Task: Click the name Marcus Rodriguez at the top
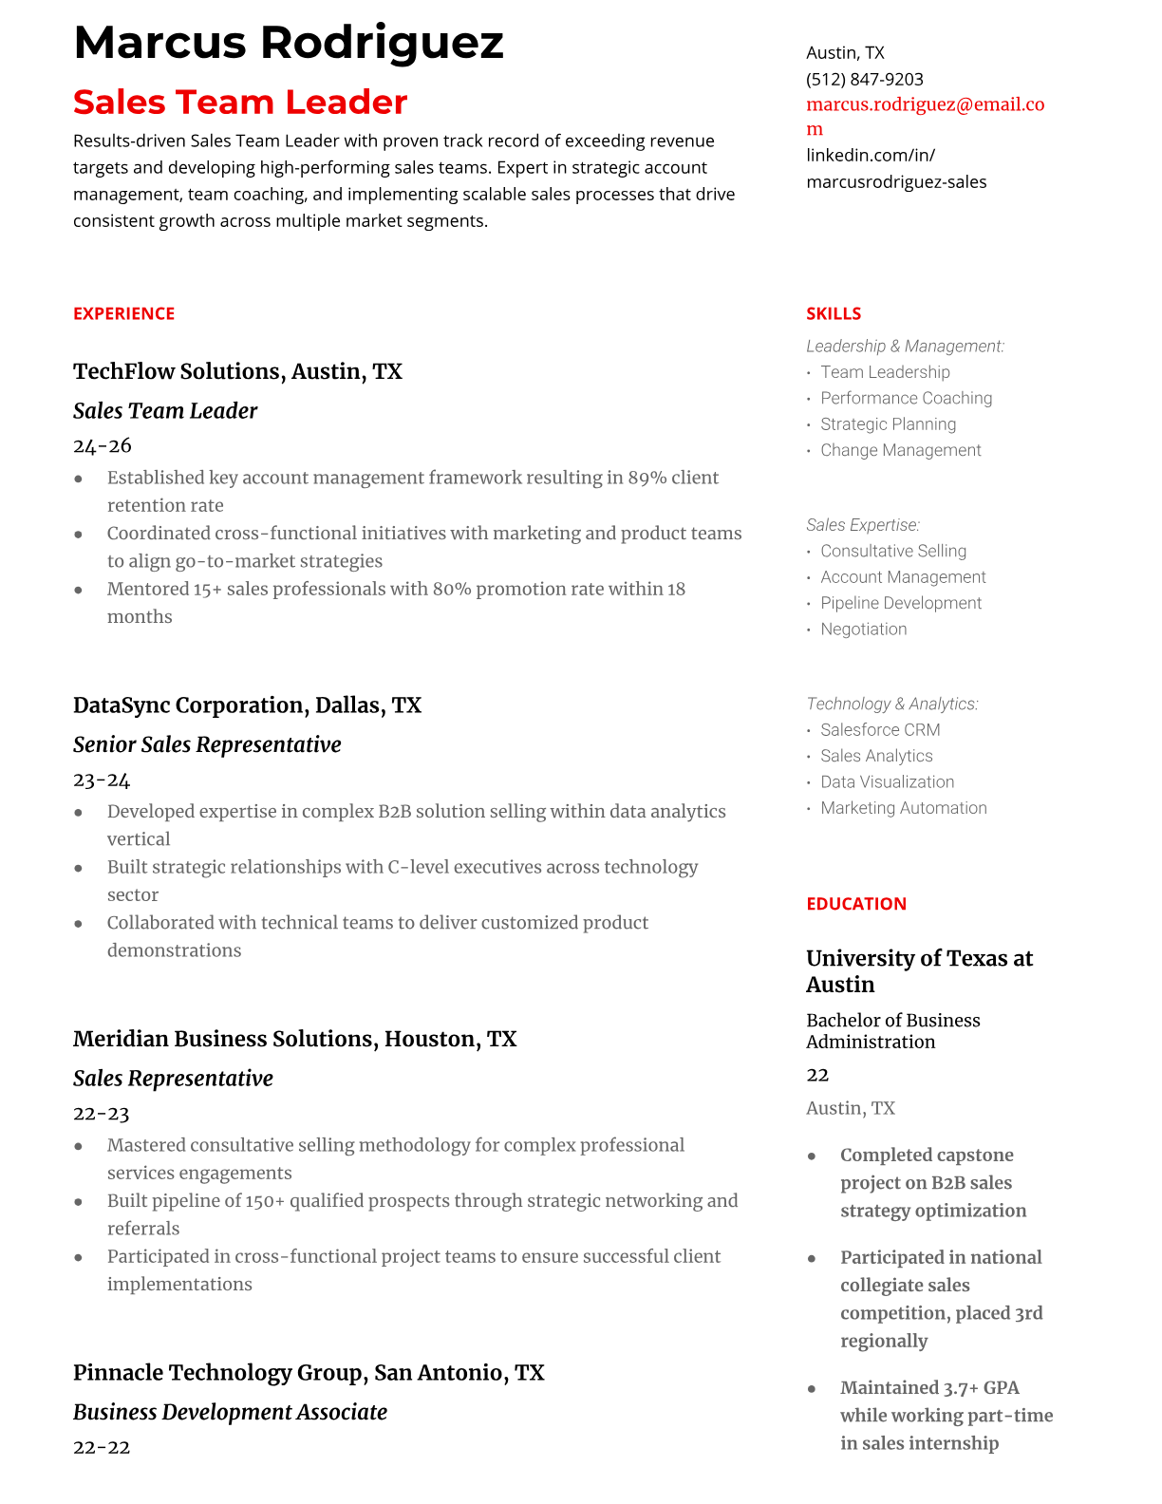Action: (288, 44)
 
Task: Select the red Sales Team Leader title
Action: (240, 103)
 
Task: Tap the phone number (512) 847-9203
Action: (864, 80)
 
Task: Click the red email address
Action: (925, 105)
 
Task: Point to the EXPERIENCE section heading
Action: (123, 314)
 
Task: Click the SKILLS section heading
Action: (834, 314)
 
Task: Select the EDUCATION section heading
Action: (855, 904)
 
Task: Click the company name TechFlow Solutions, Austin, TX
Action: (237, 371)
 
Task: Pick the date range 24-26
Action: (103, 446)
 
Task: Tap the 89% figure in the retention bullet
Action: (647, 478)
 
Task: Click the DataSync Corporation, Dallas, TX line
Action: (247, 705)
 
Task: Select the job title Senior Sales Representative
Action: (207, 745)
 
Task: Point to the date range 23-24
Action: (102, 780)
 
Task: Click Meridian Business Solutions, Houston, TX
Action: (294, 1039)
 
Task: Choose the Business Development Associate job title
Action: (230, 1413)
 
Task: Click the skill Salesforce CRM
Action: (880, 730)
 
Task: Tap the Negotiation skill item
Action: (863, 630)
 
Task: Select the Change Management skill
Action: (900, 451)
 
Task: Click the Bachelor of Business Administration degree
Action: (892, 1031)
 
